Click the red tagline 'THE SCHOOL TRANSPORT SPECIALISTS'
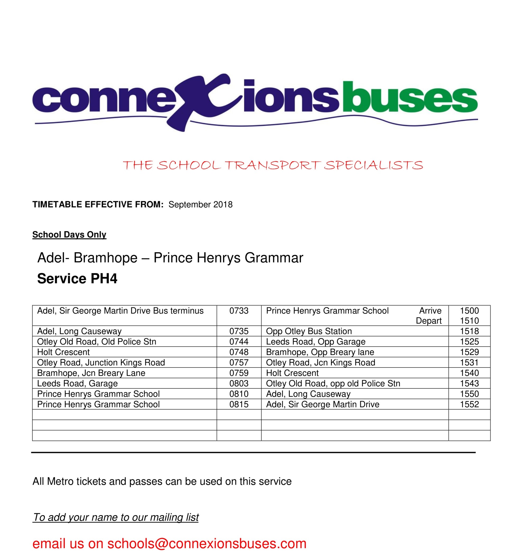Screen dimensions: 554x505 tap(273, 165)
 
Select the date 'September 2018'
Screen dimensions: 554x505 tap(200, 205)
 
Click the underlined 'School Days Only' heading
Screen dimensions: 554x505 tap(69, 234)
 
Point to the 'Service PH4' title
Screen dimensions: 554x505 tap(77, 279)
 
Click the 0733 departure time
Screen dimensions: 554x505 tap(239, 311)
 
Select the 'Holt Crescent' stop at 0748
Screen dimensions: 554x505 tap(63, 352)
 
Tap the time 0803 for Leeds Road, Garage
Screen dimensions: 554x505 tap(239, 383)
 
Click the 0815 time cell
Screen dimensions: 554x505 tap(239, 404)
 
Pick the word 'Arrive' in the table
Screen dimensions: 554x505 tap(430, 311)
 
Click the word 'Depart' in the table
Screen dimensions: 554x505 tap(428, 321)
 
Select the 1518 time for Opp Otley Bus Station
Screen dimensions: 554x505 tap(469, 331)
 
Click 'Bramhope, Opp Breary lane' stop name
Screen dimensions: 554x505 tap(320, 352)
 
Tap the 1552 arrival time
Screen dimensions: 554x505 tap(469, 404)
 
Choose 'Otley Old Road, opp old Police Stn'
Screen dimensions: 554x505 tap(333, 383)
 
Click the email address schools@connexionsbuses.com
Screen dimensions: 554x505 tap(207, 544)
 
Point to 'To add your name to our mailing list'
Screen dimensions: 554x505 tap(116, 517)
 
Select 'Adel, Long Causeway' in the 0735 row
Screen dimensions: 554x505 tap(79, 331)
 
